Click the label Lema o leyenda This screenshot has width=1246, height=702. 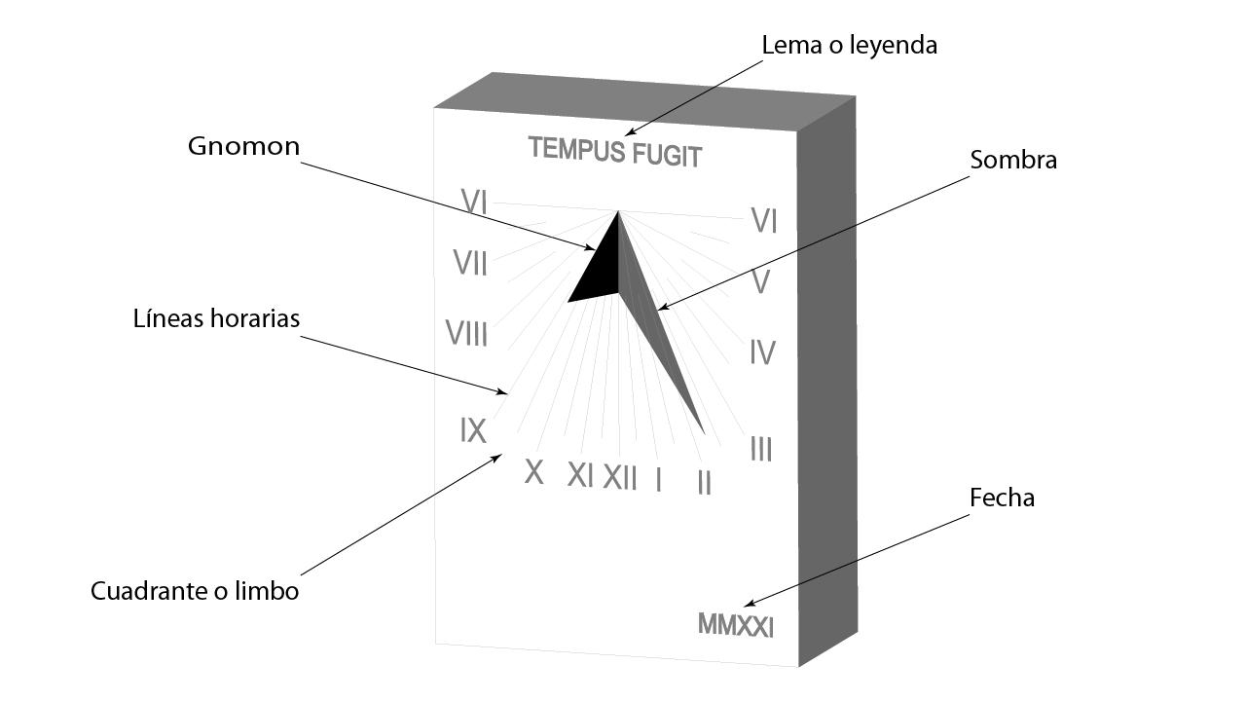pos(849,45)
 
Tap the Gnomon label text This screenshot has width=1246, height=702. pos(243,146)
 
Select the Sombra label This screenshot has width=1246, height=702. pos(1013,160)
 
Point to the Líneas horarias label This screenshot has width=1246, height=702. pos(216,318)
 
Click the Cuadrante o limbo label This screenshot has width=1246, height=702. pos(195,591)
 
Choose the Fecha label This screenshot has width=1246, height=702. pos(1002,498)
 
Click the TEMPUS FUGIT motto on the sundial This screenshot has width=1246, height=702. pos(614,152)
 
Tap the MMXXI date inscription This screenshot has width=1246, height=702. pos(735,625)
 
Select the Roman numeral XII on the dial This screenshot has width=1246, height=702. pos(620,478)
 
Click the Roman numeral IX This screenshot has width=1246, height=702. pos(473,430)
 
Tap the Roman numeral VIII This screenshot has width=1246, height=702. pos(466,334)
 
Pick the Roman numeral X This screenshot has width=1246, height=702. pos(533,472)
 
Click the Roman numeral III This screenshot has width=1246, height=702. pos(761,450)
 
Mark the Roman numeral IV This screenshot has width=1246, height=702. pos(762,352)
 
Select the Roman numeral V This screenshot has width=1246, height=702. pos(761,283)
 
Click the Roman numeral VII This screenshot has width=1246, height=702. pos(470,263)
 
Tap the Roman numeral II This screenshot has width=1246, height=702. pos(704,483)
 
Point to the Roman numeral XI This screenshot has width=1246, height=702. pos(580,475)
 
